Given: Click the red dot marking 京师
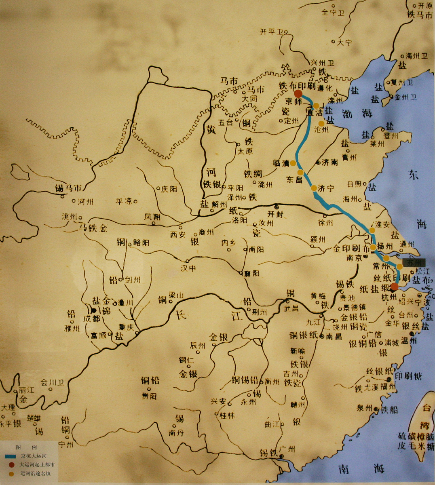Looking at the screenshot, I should (x=298, y=94).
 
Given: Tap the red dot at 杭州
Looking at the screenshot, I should (x=395, y=287).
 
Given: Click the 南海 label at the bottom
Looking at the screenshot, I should (x=361, y=469).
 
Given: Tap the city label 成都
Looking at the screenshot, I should (x=91, y=319).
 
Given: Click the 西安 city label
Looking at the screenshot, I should (x=177, y=235).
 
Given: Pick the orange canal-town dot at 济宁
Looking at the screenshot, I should (x=314, y=188).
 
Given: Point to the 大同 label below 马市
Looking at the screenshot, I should (x=249, y=98).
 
